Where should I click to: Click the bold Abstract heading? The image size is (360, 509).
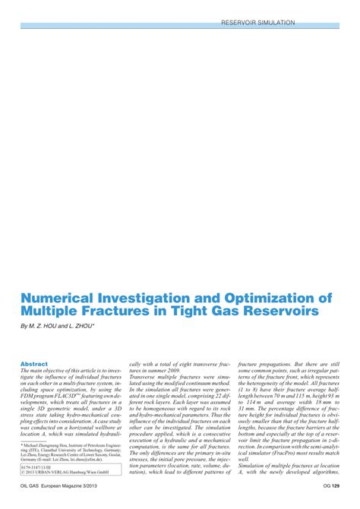[x=33, y=343]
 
